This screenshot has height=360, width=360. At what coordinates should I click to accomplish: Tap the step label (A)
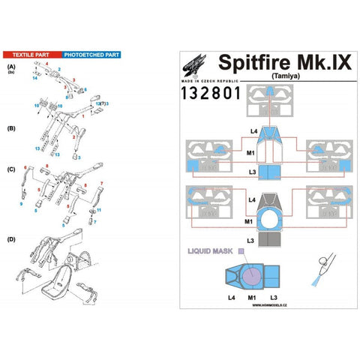[10, 67]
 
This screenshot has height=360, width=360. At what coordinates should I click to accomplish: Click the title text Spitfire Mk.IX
[283, 61]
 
